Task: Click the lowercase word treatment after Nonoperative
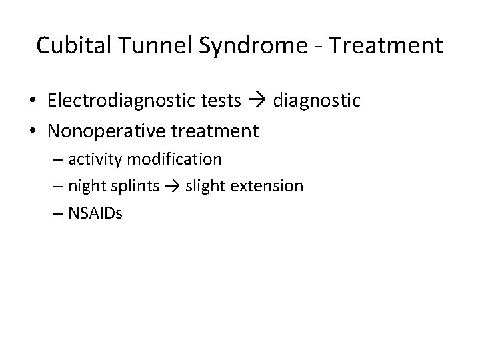[x=215, y=131]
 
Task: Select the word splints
[x=133, y=186]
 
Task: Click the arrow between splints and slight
[x=172, y=187]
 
